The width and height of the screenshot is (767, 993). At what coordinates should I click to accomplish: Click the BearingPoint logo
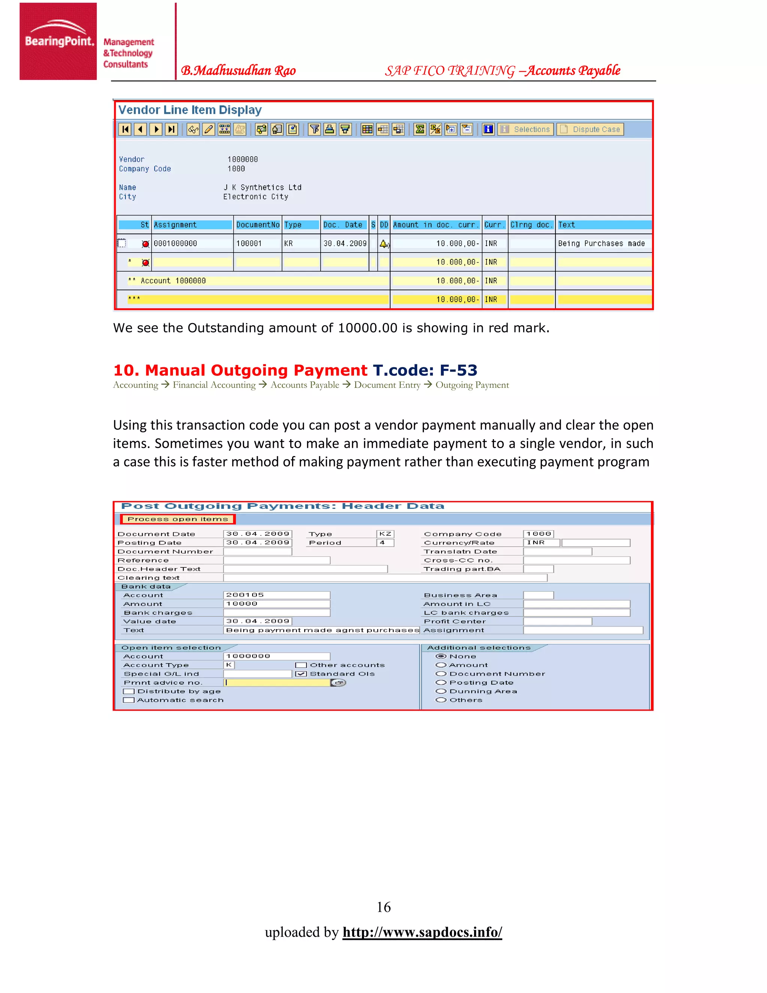pyautogui.click(x=58, y=41)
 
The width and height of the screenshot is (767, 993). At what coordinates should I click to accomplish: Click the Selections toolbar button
pyautogui.click(x=526, y=130)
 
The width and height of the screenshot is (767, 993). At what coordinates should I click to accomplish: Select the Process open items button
pyautogui.click(x=178, y=519)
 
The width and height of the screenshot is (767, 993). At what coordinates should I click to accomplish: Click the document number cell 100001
pyautogui.click(x=249, y=244)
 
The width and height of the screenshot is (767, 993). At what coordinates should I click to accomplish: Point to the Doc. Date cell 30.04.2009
pyautogui.click(x=345, y=244)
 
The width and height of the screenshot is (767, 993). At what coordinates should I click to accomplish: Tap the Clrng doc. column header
pyautogui.click(x=531, y=224)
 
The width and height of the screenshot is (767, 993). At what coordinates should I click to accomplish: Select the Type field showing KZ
pyautogui.click(x=385, y=534)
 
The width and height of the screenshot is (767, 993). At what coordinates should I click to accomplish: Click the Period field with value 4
pyautogui.click(x=385, y=543)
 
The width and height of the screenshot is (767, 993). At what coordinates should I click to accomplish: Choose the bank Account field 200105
pyautogui.click(x=276, y=595)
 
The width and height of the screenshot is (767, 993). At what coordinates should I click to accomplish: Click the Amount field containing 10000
pyautogui.click(x=276, y=604)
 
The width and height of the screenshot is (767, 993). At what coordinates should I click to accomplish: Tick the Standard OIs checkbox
pyautogui.click(x=301, y=674)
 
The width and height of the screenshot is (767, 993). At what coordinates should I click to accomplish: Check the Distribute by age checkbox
pyautogui.click(x=128, y=692)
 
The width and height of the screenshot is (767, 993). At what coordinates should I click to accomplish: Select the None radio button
pyautogui.click(x=441, y=656)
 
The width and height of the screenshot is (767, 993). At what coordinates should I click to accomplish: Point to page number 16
pyautogui.click(x=383, y=907)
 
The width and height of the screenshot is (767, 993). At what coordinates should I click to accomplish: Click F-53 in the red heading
pyautogui.click(x=458, y=370)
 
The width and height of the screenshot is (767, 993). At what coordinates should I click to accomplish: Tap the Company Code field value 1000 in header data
pyautogui.click(x=539, y=534)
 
